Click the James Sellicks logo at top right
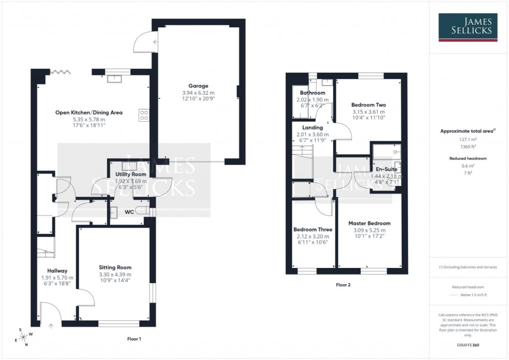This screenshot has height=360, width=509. pyautogui.click(x=468, y=27)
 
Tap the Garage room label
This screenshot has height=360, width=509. pyautogui.click(x=198, y=86)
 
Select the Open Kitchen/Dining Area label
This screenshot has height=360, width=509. pyautogui.click(x=88, y=112)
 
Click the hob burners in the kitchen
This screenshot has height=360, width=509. pyautogui.click(x=145, y=115)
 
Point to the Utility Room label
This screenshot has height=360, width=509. pyautogui.click(x=131, y=175)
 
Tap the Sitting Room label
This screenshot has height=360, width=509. pyautogui.click(x=115, y=268)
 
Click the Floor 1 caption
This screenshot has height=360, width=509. pyautogui.click(x=134, y=339)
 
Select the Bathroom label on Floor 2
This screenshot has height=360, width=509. pyautogui.click(x=312, y=93)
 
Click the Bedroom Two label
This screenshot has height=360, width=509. pyautogui.click(x=368, y=105)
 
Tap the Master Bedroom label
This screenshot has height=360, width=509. pyautogui.click(x=369, y=223)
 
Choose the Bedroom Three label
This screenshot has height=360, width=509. pyautogui.click(x=313, y=229)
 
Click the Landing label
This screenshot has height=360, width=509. pyautogui.click(x=312, y=128)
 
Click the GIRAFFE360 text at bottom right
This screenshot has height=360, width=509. pyautogui.click(x=467, y=345)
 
